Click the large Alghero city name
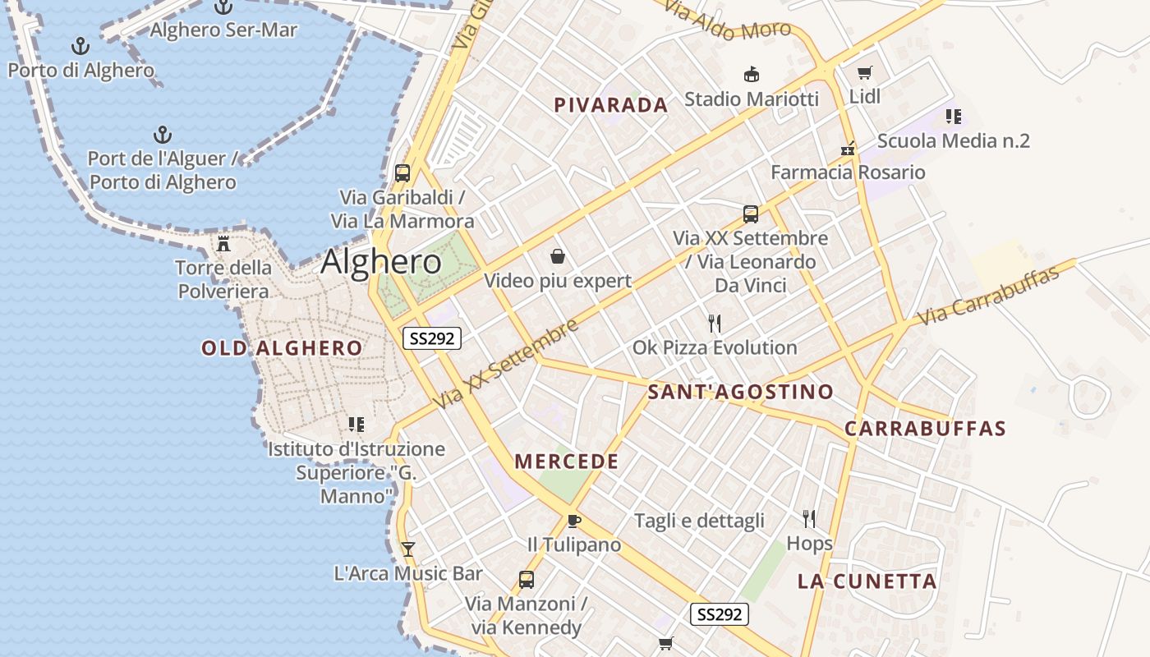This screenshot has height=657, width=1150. click(x=381, y=262)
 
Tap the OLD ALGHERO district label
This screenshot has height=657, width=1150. click(x=282, y=348)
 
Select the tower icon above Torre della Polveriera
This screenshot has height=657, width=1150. click(x=223, y=243)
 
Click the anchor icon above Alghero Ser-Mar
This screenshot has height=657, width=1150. click(x=223, y=7)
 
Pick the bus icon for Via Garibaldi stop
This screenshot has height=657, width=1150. click(x=402, y=173)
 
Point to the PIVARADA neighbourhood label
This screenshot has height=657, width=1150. click(x=610, y=105)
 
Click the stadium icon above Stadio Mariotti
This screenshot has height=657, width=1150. click(x=751, y=75)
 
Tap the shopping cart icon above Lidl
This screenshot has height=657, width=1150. click(x=864, y=73)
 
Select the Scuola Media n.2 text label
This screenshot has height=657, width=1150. click(x=953, y=140)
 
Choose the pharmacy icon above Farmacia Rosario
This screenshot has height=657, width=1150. click(x=848, y=149)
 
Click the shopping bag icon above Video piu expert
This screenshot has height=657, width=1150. click(x=558, y=256)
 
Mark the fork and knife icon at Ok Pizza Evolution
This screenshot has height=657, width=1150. click(x=715, y=323)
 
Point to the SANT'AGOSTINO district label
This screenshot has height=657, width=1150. click(x=740, y=392)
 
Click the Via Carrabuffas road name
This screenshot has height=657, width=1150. click(x=988, y=296)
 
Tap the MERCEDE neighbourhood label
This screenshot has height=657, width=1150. click(x=567, y=462)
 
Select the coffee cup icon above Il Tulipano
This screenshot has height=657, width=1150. click(x=574, y=521)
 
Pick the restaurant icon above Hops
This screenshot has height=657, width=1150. click(x=809, y=518)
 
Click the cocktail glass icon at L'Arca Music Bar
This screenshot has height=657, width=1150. click(x=407, y=549)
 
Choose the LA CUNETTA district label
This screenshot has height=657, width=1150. click(x=867, y=581)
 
